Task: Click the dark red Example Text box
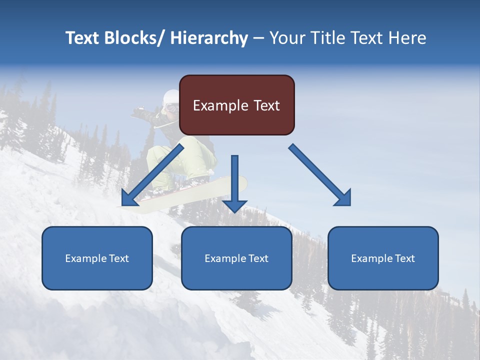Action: (x=236, y=105)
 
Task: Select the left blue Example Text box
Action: (x=97, y=258)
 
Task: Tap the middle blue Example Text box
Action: (x=236, y=258)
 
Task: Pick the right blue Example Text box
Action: (x=383, y=258)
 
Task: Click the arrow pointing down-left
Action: (x=152, y=175)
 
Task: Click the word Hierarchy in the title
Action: (x=209, y=38)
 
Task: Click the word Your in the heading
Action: (x=287, y=38)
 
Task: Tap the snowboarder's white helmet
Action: (x=170, y=96)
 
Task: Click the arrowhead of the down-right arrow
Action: (x=343, y=197)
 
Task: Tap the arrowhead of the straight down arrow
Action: (x=234, y=205)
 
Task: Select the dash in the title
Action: (x=258, y=38)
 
